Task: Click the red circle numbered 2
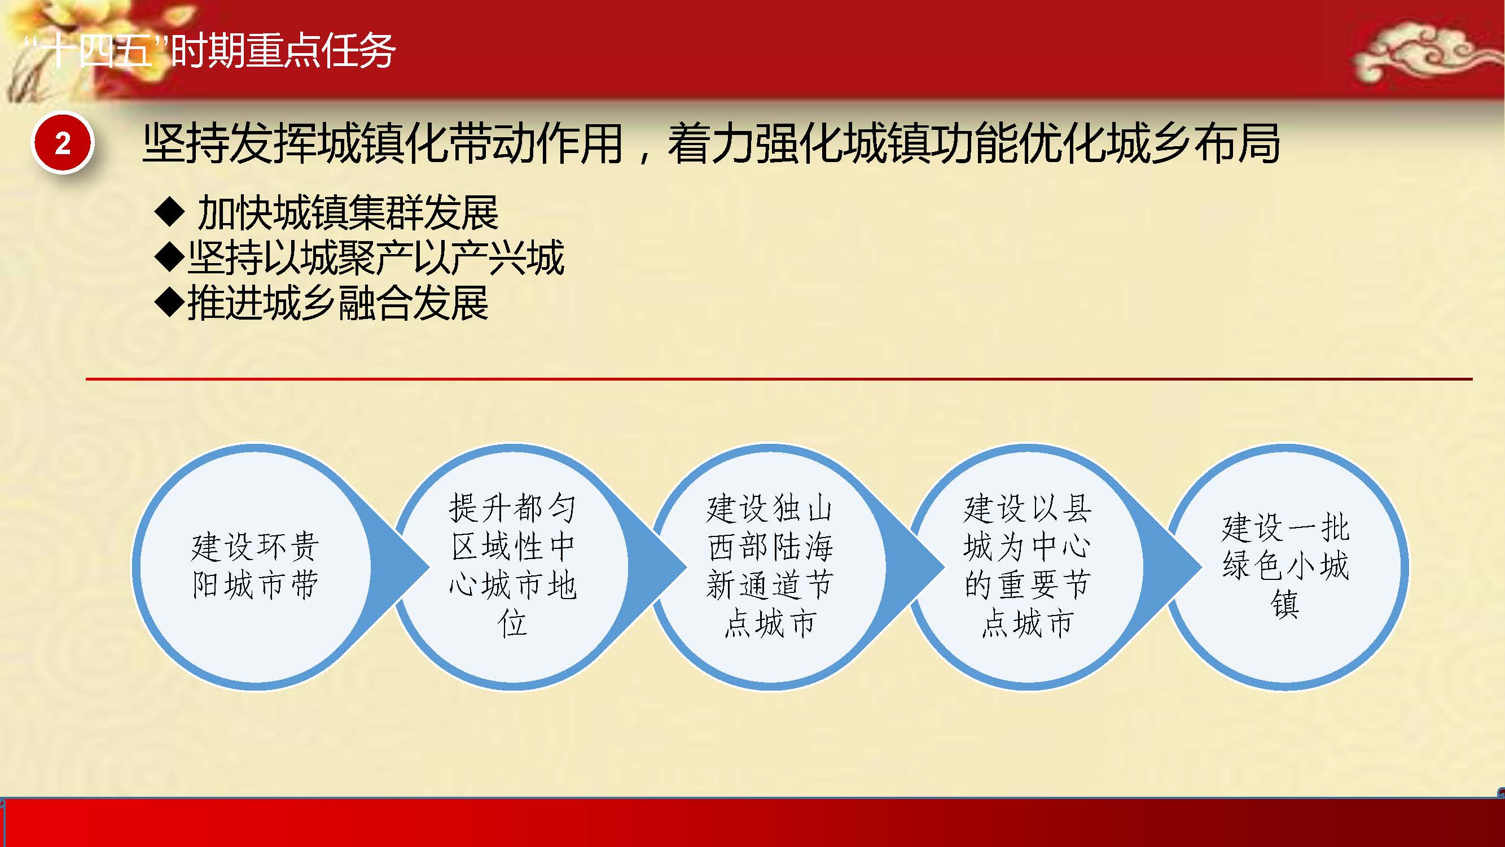[x=62, y=143]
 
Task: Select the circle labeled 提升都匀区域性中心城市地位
[x=512, y=566]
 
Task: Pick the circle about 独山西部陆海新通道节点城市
[x=770, y=566]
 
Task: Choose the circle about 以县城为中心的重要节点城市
[x=1027, y=566]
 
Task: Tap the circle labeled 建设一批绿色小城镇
[x=1285, y=566]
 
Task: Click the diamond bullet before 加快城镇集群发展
[x=170, y=212]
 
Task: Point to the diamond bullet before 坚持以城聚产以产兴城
[x=170, y=257]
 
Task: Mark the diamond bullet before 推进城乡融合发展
[x=170, y=302]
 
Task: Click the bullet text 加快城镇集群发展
[x=348, y=212]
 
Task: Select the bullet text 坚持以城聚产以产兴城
[x=376, y=257]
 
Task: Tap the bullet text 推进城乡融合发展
[x=337, y=302]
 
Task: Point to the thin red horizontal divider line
[x=779, y=379]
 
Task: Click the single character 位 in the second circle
[x=512, y=623]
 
